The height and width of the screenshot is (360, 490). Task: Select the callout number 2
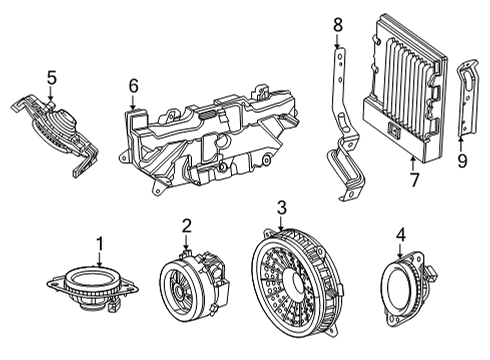click(187, 226)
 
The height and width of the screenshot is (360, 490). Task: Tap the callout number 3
click(281, 208)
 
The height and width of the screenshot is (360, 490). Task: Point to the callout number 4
click(400, 236)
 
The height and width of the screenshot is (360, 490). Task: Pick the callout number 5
click(51, 75)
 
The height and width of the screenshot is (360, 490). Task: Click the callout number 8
click(337, 22)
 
